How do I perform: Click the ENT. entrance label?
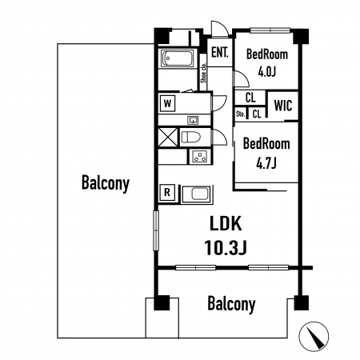[x=220, y=53]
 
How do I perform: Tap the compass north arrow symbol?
[x=314, y=336]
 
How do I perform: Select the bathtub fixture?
[x=178, y=58]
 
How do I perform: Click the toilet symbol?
[x=190, y=138]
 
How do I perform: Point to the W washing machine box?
[x=167, y=103]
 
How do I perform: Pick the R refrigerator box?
[x=167, y=192]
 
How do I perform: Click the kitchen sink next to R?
[x=197, y=194]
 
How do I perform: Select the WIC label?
[x=283, y=106]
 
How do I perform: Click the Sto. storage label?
[x=240, y=114]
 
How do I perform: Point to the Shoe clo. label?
[x=203, y=73]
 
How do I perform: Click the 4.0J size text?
[x=266, y=71]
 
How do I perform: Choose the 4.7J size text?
[x=266, y=163]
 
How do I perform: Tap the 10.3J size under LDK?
[x=226, y=247]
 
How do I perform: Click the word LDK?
[x=226, y=223]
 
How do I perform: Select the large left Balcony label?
[x=106, y=183]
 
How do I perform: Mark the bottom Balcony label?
[x=231, y=304]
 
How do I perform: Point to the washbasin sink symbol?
[x=193, y=120]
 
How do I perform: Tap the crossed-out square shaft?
[x=168, y=137]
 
